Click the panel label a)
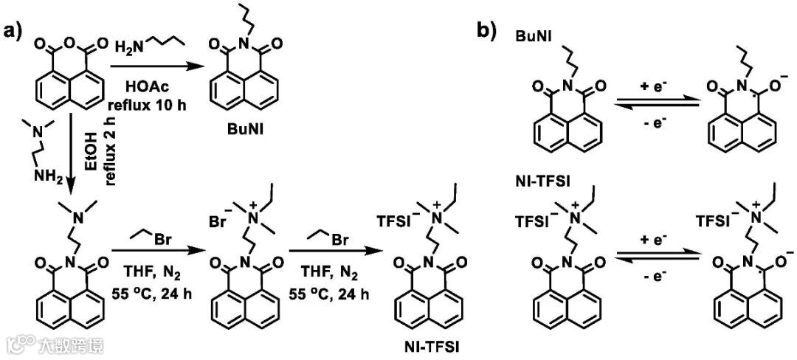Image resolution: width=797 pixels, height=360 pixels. click(15, 33)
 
